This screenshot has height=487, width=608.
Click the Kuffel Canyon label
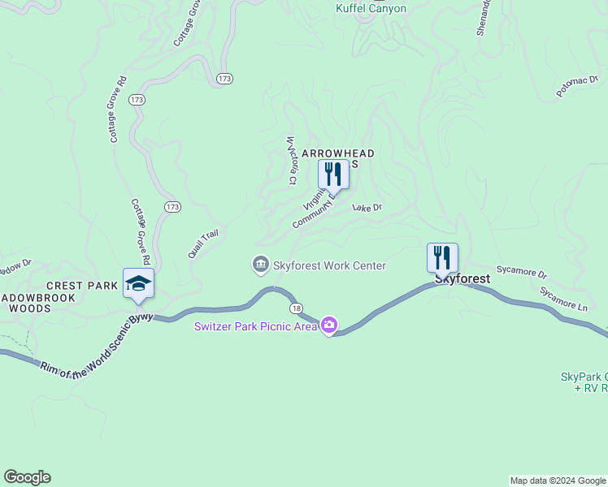pyautogui.click(x=371, y=8)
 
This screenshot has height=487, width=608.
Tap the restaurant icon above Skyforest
pyautogui.click(x=442, y=258)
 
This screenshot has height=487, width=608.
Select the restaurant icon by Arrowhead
pyautogui.click(x=332, y=175)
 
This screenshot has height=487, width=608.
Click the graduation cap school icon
pyautogui.click(x=138, y=283)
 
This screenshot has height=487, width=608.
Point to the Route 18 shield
pyautogui.click(x=296, y=308)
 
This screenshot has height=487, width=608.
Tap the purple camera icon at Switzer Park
pyautogui.click(x=329, y=325)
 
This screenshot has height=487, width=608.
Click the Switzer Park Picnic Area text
pyautogui.click(x=255, y=326)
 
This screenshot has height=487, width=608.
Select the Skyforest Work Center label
pyautogui.click(x=329, y=265)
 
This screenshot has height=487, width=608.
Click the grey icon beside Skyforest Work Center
pyautogui.click(x=260, y=265)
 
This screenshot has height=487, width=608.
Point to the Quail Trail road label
pyautogui.click(x=203, y=243)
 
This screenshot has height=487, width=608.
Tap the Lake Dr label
pyautogui.click(x=367, y=208)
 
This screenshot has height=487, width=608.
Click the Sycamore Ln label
pyautogui.click(x=564, y=298)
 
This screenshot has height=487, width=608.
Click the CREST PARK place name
pyautogui.click(x=82, y=286)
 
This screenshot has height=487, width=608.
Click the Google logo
pyautogui.click(x=27, y=477)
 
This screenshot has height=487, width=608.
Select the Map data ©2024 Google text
pyautogui.click(x=558, y=481)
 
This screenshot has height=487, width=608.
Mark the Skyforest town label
pyautogui.click(x=463, y=278)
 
